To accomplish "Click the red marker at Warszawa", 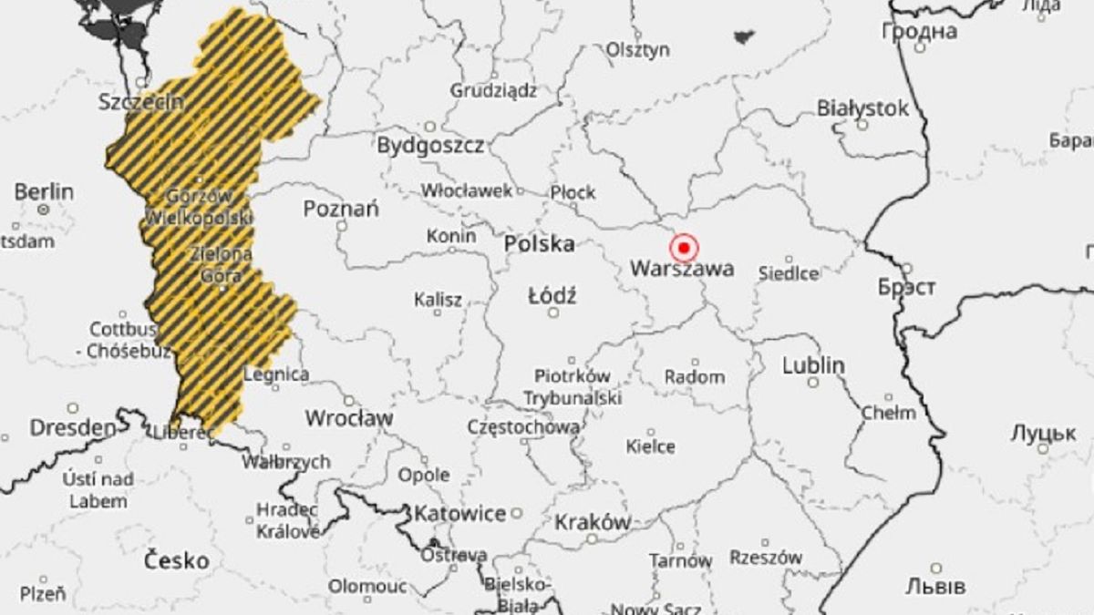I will [683, 247].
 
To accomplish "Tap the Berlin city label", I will [44, 192].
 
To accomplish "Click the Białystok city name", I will [862, 108].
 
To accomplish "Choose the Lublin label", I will [813, 365].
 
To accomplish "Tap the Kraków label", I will [593, 522].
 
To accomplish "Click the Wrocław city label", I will [348, 418].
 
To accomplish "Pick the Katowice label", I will [459, 514].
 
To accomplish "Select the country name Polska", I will [540, 244].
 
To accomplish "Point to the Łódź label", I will [552, 296].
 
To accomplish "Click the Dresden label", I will [74, 427].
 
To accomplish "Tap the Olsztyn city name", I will [638, 50].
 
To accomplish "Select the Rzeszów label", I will [766, 557].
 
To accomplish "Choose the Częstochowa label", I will [522, 426].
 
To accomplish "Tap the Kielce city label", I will [651, 446].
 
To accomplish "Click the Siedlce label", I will [789, 272].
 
